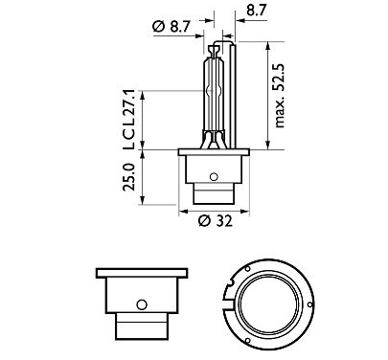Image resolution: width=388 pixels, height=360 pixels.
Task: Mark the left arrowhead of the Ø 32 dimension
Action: (x=183, y=209)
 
